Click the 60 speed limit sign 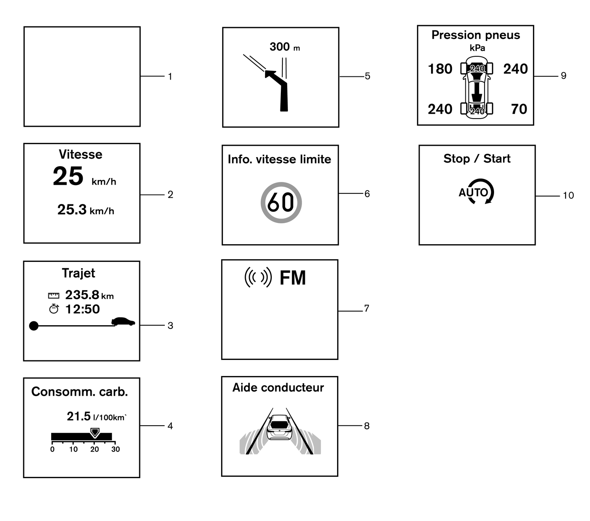281,202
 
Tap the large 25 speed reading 68,176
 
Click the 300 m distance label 284,47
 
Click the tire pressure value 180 440,69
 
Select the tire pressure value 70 519,109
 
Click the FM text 293,278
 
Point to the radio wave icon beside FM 258,277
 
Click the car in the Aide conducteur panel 279,428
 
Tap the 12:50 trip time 83,309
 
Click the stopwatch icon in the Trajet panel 54,309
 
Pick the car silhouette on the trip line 123,322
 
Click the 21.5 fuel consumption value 79,416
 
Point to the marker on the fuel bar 94,432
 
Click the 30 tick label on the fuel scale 115,449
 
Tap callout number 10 568,195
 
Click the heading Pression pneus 476,35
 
